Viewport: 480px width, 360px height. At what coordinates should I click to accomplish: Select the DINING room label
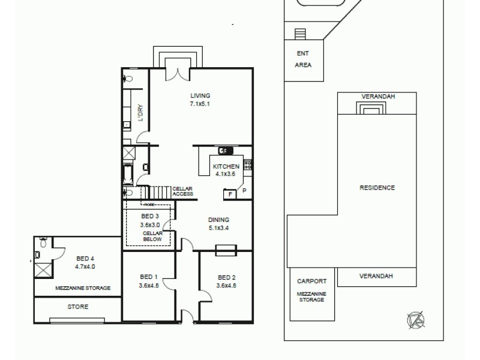tap(218, 220)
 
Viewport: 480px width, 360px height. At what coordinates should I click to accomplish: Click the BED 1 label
tap(148, 277)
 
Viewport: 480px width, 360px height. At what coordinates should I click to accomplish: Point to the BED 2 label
tap(226, 277)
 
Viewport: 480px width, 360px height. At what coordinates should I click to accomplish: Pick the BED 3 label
tap(149, 217)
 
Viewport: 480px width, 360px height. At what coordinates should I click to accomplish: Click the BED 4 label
tap(85, 259)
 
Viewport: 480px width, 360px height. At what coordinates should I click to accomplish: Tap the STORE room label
tap(77, 307)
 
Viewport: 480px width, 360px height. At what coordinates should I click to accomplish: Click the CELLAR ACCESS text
tap(182, 191)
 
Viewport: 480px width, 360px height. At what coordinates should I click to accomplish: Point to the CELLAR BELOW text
tap(152, 236)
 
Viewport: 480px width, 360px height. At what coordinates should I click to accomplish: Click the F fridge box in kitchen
tap(229, 194)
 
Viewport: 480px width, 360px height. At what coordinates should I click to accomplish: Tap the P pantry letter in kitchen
tap(244, 191)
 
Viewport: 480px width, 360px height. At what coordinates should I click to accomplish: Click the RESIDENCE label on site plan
tap(377, 188)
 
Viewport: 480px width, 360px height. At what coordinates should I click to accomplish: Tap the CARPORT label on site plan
tap(311, 280)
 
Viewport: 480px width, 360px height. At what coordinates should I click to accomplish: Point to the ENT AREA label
tap(303, 59)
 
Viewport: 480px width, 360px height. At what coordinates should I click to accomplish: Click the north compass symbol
tap(415, 319)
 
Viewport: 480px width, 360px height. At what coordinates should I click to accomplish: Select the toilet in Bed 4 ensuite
tap(42, 244)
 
